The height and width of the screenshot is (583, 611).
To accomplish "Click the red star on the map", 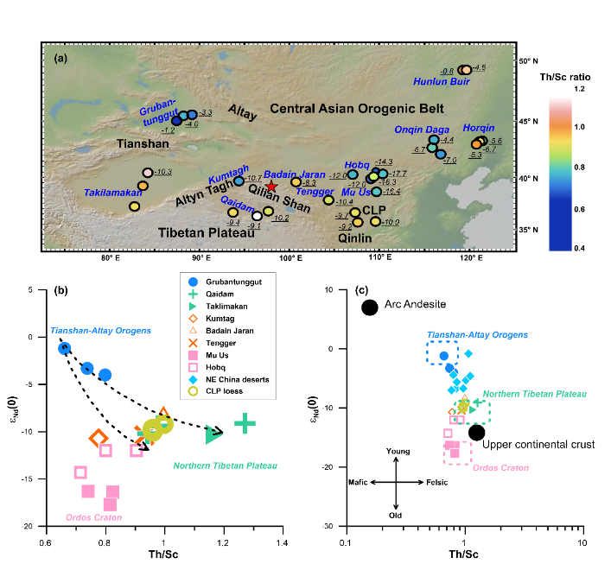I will [271, 187].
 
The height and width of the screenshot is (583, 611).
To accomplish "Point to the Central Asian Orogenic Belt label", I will [357, 109].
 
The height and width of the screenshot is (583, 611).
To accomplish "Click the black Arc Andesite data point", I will [370, 307].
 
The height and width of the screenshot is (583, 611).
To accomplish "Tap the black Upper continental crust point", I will [477, 433].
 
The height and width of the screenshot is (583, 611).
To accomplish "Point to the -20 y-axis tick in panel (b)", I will [31, 526].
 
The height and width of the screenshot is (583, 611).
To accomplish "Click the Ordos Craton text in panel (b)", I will [93, 518].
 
